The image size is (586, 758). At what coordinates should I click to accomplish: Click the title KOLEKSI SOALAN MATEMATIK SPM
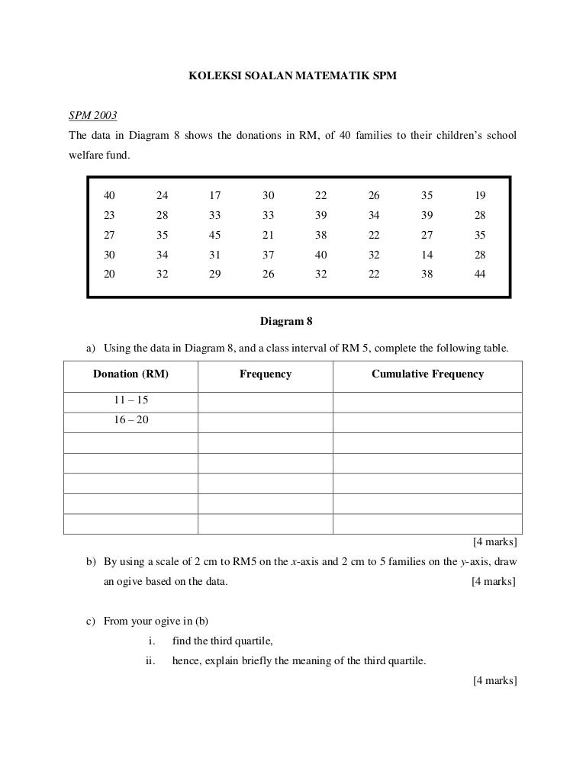(x=294, y=77)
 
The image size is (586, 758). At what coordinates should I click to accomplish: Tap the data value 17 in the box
(x=214, y=194)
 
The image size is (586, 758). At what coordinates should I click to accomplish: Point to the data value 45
(x=214, y=235)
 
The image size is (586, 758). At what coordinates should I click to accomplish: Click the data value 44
(x=479, y=275)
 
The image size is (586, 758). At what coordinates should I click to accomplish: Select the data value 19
(x=479, y=194)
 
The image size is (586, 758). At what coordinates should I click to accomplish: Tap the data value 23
(x=110, y=215)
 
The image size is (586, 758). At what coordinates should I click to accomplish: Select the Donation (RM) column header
(x=130, y=374)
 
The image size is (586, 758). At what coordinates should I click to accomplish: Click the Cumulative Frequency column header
(x=427, y=374)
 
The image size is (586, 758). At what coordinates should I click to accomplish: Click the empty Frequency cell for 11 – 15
(x=265, y=402)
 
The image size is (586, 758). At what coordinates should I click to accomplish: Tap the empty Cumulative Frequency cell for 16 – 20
(x=427, y=422)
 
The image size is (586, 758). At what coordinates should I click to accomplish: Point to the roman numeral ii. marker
(x=150, y=660)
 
